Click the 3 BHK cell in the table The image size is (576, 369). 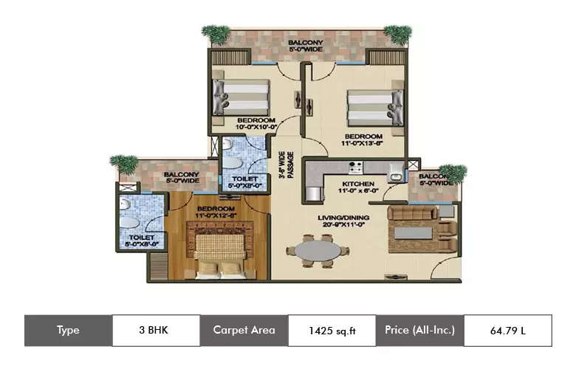[x=156, y=330]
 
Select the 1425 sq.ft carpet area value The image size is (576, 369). [x=332, y=330]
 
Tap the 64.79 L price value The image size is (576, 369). [x=507, y=330]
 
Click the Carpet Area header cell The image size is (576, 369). [x=244, y=330]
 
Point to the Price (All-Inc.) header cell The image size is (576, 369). [x=419, y=330]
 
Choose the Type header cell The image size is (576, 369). [x=68, y=330]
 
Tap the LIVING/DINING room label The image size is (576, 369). [x=342, y=220]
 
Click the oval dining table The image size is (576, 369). [x=318, y=251]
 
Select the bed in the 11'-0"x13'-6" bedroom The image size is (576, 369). [x=376, y=107]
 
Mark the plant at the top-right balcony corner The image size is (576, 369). [x=398, y=34]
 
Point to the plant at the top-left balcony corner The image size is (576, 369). [x=216, y=34]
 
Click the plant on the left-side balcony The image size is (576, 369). [x=123, y=165]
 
